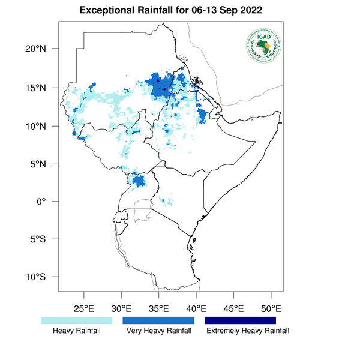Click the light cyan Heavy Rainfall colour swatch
pos(76,320)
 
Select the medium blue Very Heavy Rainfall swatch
pos(158,320)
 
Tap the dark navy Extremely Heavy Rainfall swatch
pos(240,320)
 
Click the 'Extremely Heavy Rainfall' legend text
pos(247,331)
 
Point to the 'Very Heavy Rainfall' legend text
pos(158,331)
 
